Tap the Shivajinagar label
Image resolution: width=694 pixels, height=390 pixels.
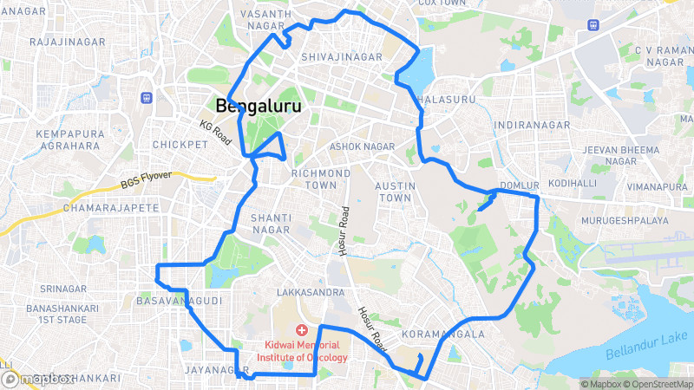point(342,57)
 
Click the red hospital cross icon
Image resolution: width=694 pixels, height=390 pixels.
point(301,330)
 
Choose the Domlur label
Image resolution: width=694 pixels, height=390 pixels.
point(520,185)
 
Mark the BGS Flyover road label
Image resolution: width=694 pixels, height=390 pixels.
point(146,180)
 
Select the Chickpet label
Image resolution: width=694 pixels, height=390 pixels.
point(177,144)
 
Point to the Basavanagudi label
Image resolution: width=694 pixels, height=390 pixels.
point(180,301)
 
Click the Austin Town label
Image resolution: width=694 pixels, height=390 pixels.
point(392,192)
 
